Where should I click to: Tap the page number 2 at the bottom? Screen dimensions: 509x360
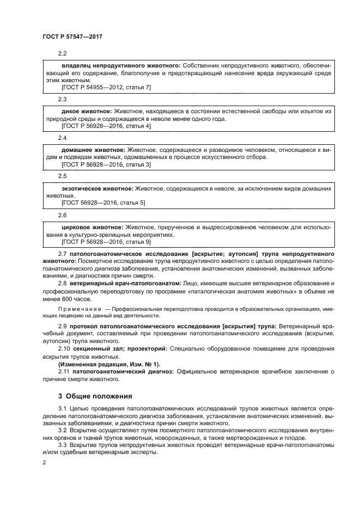coord(45,462)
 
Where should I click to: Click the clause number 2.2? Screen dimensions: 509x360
coord(62,53)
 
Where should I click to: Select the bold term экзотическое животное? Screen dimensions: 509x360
coord(97,188)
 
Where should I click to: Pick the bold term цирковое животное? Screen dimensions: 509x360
coord(91,226)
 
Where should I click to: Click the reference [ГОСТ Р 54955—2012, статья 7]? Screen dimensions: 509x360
coord(106,88)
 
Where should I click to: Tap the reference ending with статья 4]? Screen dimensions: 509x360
coord(106,126)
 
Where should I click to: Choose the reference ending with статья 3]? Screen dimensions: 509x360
coord(106,164)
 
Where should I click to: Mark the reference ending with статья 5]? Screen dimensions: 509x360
coord(103,203)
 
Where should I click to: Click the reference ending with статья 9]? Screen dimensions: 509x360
coord(106,241)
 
